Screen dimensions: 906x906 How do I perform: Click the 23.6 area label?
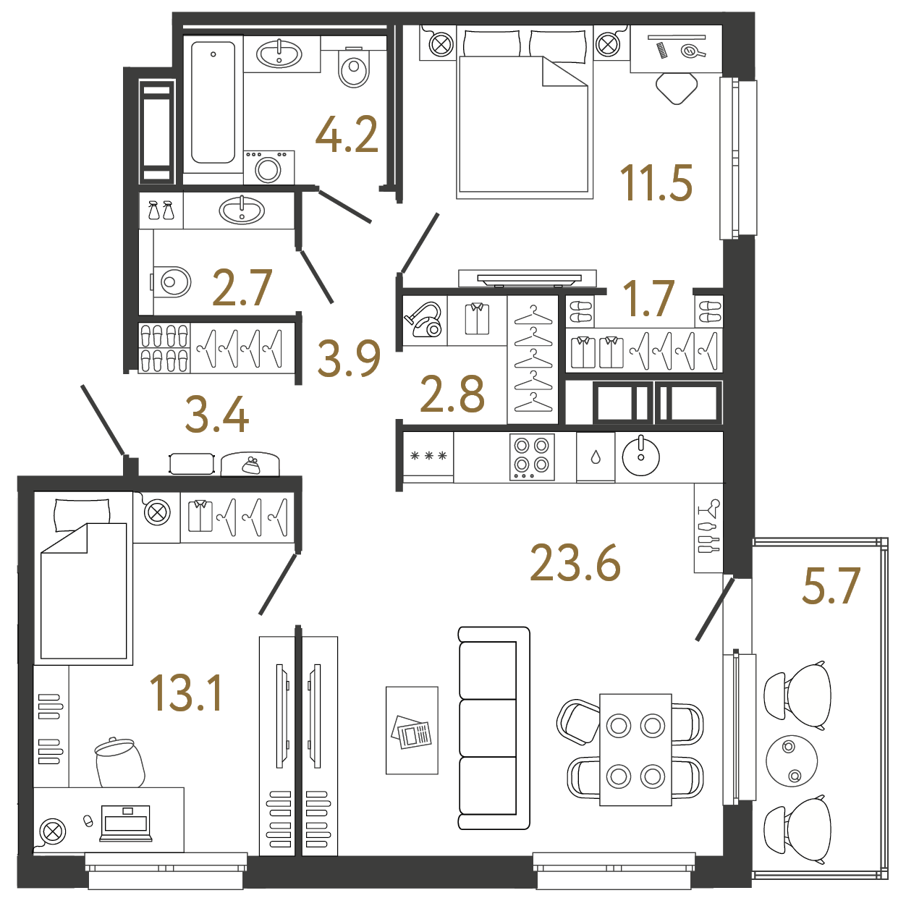pyautogui.click(x=575, y=563)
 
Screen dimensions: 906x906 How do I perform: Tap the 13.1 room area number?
pyautogui.click(x=186, y=693)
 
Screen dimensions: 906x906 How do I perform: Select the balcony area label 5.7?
pyautogui.click(x=831, y=585)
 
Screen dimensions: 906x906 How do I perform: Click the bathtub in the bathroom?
pyautogui.click(x=213, y=103)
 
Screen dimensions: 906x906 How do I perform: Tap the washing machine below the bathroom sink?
pyautogui.click(x=269, y=167)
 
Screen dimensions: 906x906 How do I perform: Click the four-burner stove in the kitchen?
pyautogui.click(x=532, y=457)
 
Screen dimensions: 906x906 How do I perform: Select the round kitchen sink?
pyautogui.click(x=640, y=456)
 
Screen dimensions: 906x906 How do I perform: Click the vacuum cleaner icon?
pyautogui.click(x=423, y=319)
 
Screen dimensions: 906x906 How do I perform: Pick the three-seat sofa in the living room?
pyautogui.click(x=494, y=728)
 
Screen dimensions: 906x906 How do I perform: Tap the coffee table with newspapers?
pyautogui.click(x=412, y=731)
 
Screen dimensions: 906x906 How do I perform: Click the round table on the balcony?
pyautogui.click(x=792, y=761)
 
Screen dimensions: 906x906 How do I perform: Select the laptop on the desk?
pyautogui.click(x=126, y=823)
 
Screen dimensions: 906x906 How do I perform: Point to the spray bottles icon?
pyautogui.click(x=161, y=210)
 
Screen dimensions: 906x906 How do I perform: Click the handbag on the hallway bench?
pyautogui.click(x=250, y=465)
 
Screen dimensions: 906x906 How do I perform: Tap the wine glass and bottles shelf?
pyautogui.click(x=708, y=528)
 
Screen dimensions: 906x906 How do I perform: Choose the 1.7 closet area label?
pyautogui.click(x=648, y=298)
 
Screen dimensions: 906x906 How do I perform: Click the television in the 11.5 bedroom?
pyautogui.click(x=527, y=279)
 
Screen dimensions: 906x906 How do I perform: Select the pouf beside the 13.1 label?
pyautogui.click(x=119, y=763)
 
